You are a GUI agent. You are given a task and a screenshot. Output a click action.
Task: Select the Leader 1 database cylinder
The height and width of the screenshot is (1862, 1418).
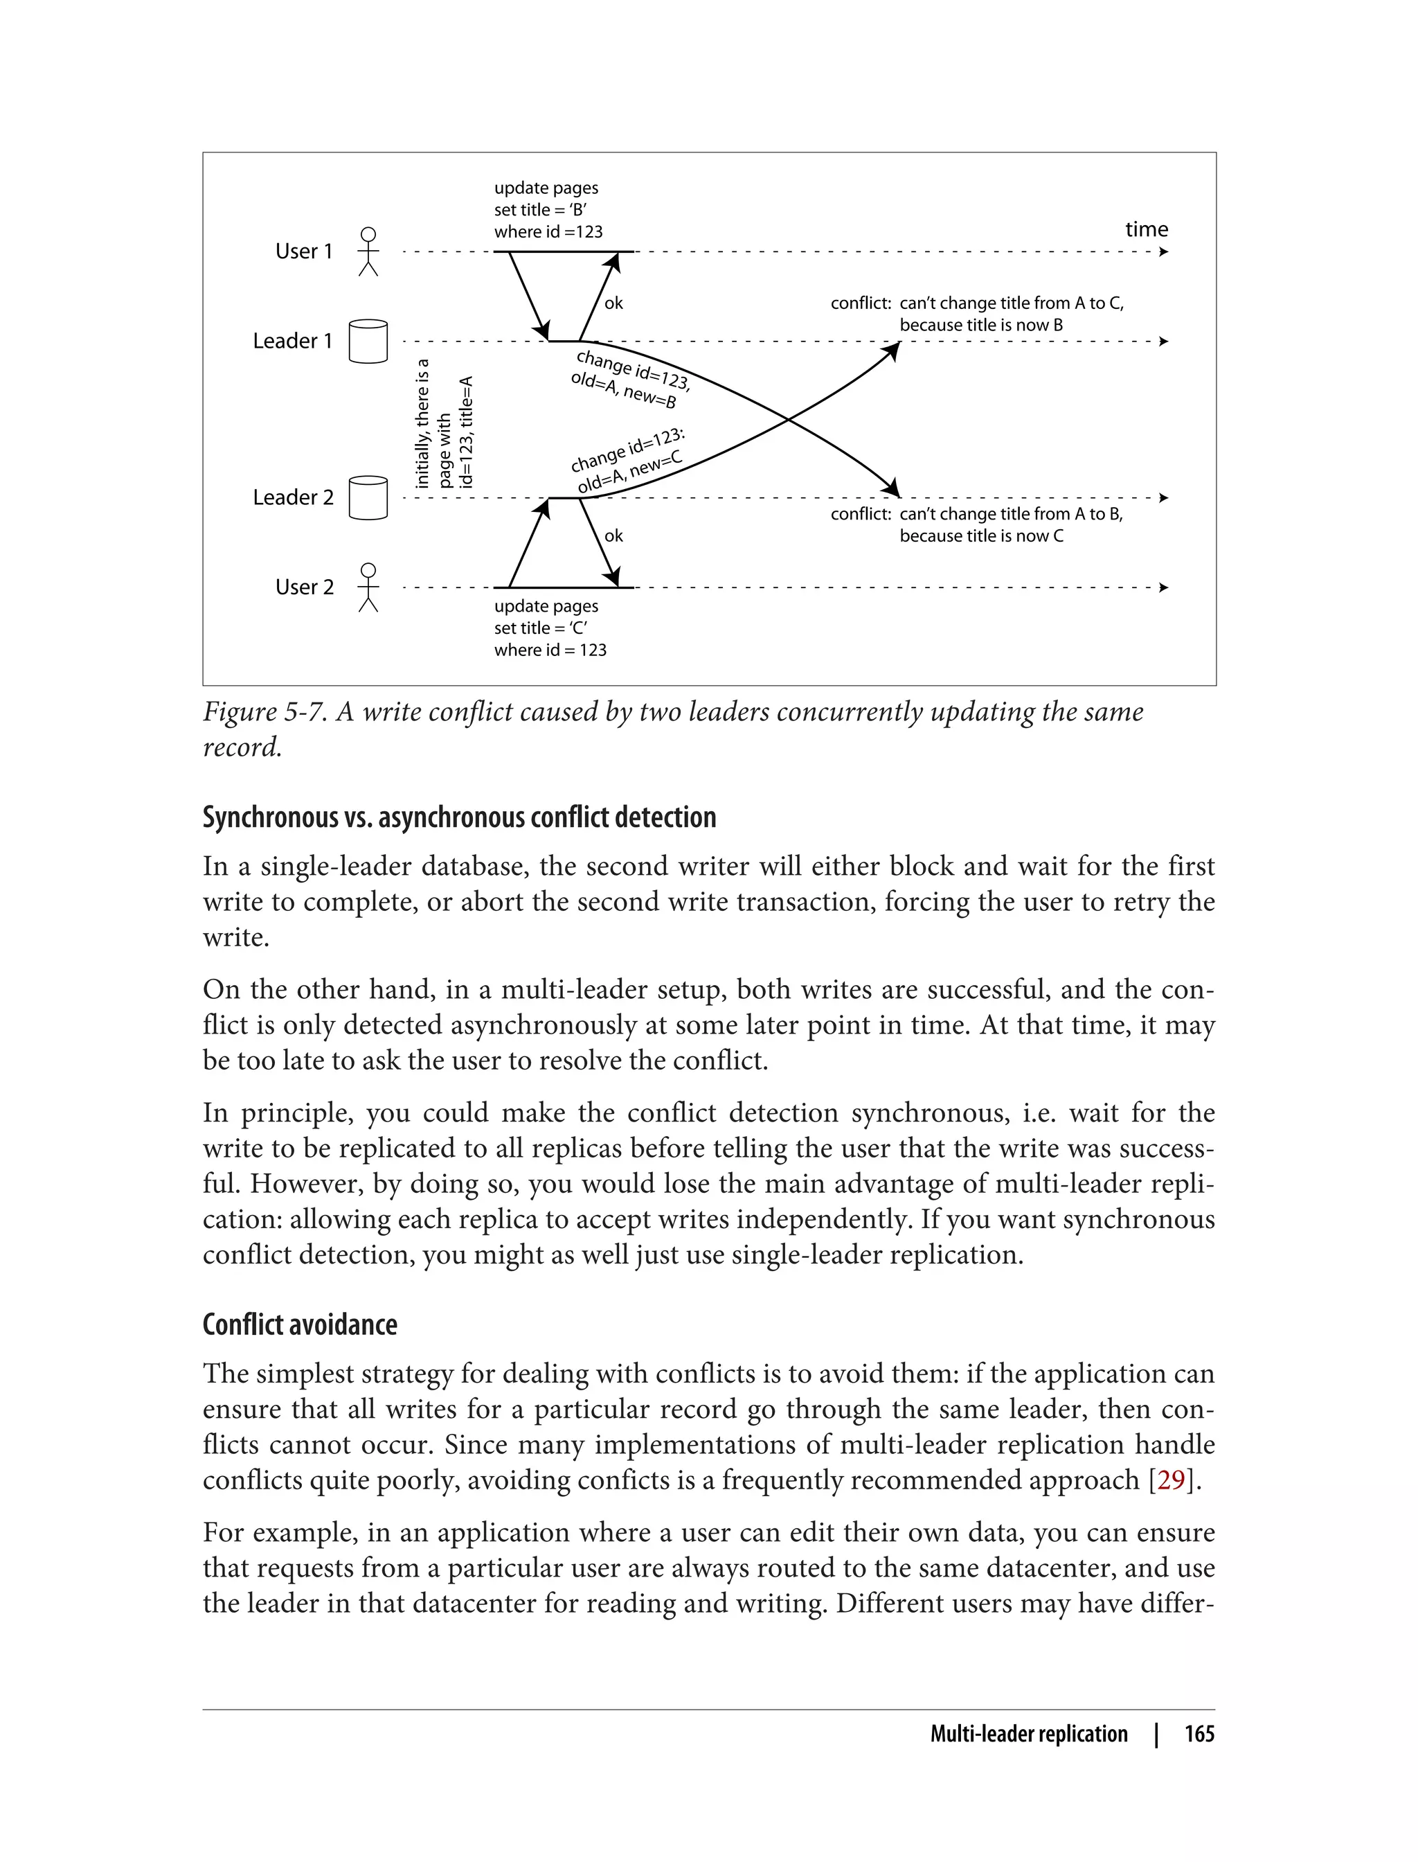tap(368, 341)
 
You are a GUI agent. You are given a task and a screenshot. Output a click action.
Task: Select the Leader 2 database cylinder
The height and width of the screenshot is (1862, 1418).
tap(368, 497)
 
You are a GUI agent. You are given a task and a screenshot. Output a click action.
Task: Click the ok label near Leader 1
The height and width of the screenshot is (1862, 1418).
tap(613, 303)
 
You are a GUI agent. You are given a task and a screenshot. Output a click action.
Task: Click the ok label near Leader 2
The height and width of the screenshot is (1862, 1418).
tap(613, 535)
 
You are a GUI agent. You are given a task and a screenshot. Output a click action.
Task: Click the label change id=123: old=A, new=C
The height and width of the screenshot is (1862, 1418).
tap(628, 463)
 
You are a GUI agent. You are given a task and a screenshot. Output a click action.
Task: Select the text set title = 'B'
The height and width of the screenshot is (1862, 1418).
tap(540, 209)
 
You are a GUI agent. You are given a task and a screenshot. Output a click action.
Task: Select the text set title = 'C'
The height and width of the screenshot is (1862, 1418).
tap(540, 628)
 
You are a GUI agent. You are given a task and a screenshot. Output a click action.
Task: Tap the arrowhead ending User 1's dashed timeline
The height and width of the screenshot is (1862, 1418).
tap(1163, 251)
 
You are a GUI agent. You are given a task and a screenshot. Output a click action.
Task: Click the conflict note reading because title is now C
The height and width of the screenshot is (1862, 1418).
tap(981, 535)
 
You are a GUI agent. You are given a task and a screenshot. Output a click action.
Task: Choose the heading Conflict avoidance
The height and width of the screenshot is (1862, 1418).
tap(300, 1323)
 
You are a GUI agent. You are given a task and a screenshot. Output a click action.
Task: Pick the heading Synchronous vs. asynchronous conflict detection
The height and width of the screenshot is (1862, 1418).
tap(459, 817)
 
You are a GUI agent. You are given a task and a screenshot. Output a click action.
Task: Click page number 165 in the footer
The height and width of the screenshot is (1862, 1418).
tap(1199, 1734)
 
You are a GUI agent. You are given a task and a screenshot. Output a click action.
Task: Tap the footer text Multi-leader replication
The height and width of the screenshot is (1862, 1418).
tap(1028, 1734)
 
